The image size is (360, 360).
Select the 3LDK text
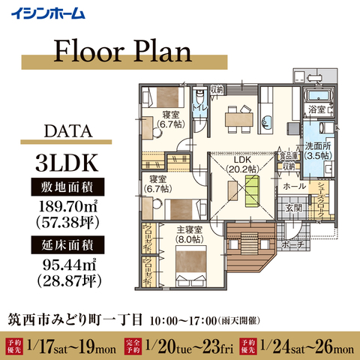(x=66, y=162)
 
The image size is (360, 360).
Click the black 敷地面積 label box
(x=66, y=186)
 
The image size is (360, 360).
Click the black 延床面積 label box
(x=66, y=244)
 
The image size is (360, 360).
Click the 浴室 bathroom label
(x=317, y=109)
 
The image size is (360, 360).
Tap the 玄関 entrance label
(x=292, y=208)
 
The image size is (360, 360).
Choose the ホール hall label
(x=293, y=184)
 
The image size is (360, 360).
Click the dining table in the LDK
(x=235, y=115)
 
